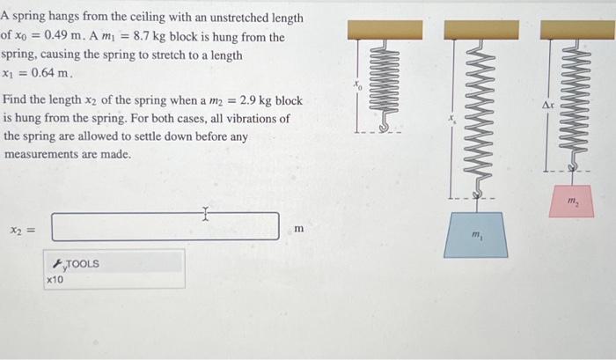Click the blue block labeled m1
(477, 237)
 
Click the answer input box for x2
(165, 226)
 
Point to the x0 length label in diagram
(357, 85)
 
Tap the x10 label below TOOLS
(55, 279)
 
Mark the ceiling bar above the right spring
(577, 28)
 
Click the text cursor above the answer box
(204, 211)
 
